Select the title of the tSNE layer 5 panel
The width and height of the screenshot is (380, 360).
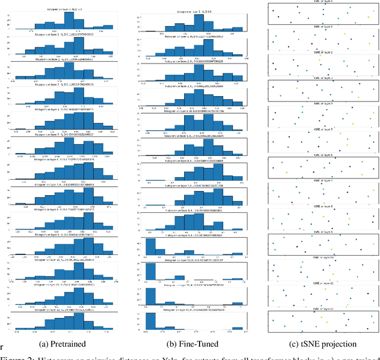(324, 128)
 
